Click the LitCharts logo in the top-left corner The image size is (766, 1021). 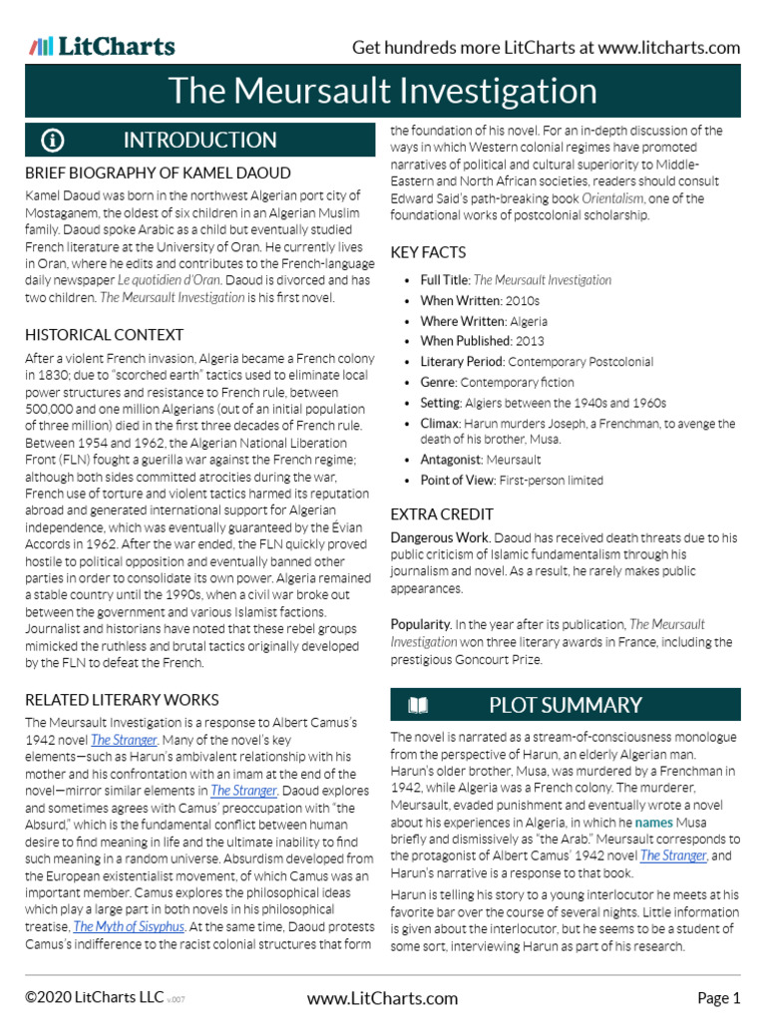[102, 46]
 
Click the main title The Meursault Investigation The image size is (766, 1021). [382, 91]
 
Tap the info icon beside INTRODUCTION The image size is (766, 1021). [53, 139]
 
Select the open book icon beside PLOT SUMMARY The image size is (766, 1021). [418, 706]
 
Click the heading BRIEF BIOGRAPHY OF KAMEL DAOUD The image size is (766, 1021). [158, 173]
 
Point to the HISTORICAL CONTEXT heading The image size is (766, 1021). [104, 335]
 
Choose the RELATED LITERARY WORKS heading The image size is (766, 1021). [122, 700]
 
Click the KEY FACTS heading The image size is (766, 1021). [428, 253]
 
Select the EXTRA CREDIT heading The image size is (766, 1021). [442, 514]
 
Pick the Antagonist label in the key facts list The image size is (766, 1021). [451, 460]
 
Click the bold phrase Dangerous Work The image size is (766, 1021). [440, 538]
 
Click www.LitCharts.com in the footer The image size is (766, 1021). [382, 998]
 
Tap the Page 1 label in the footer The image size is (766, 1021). [718, 998]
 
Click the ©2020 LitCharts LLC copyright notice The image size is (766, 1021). [95, 998]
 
